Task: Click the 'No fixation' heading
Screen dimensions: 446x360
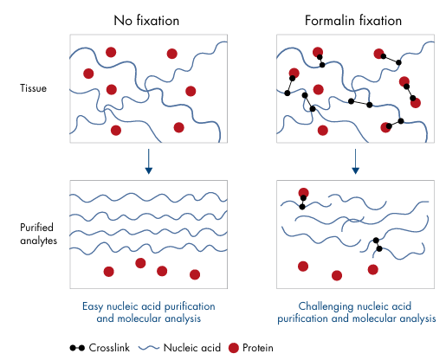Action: [x=146, y=21]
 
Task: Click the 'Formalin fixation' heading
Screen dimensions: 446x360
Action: [x=353, y=21]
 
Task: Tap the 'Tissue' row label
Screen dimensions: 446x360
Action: [x=33, y=88]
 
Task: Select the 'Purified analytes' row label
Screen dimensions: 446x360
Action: [x=38, y=234]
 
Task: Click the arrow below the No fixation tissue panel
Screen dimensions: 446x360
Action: [x=148, y=161]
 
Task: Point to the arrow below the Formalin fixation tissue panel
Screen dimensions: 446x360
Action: [x=355, y=161]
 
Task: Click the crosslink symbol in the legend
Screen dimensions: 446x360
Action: [x=77, y=348]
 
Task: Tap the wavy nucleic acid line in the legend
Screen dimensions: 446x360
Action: [x=149, y=348]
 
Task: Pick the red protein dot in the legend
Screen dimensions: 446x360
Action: [x=234, y=348]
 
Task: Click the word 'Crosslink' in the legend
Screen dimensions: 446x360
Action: [x=109, y=348]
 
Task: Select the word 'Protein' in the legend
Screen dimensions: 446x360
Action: [x=258, y=348]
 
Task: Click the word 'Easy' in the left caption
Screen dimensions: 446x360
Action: [x=93, y=306]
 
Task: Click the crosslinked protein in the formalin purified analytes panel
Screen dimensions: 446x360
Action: [x=303, y=193]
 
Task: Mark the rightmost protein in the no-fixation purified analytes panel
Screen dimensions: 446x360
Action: [x=195, y=274]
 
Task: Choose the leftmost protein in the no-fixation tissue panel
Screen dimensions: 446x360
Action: [x=88, y=74]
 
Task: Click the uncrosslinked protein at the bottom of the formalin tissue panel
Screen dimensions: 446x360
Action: [x=323, y=131]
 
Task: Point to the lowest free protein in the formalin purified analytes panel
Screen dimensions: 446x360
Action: [x=337, y=275]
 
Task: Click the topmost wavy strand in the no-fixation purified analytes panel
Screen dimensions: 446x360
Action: [x=148, y=197]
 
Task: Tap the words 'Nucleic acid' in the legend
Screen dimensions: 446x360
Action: [x=192, y=348]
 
